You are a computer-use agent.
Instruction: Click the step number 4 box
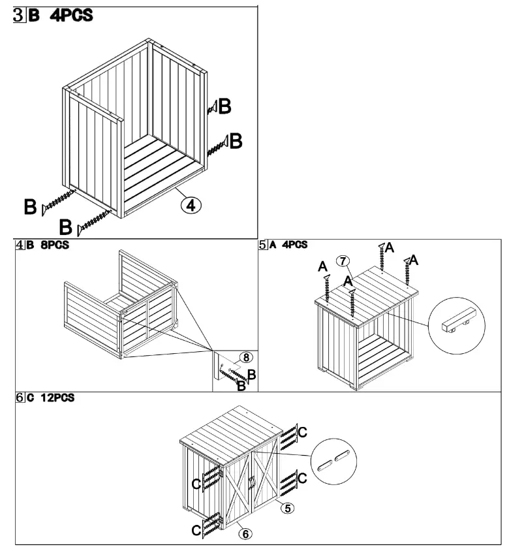pos(21,245)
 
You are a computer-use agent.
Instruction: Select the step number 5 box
pos(264,245)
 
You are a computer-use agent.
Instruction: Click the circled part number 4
pos(191,205)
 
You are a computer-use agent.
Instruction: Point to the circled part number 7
pos(341,261)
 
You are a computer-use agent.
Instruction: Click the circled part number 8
pos(245,357)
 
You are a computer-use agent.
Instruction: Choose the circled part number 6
pos(245,533)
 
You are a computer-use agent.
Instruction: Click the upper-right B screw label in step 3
pos(224,107)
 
